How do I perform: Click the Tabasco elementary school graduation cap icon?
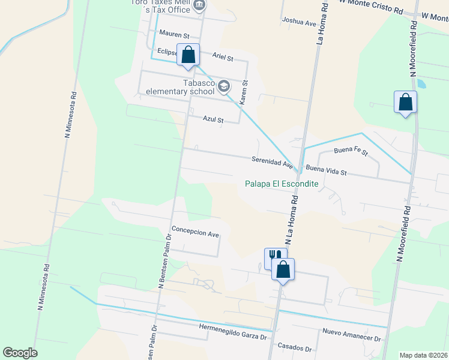coord(224,86)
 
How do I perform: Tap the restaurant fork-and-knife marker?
coord(275,257)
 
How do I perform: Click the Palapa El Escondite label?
coord(282,184)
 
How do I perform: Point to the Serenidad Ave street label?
coord(272,161)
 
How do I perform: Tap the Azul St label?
coord(213,119)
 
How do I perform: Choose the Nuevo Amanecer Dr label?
coord(352,335)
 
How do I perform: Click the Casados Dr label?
coord(295,348)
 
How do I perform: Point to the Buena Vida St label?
coord(326,171)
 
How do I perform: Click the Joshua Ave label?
coord(299,23)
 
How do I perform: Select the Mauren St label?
coord(174,36)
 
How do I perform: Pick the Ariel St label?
coord(223,56)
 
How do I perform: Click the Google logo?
coord(20,353)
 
